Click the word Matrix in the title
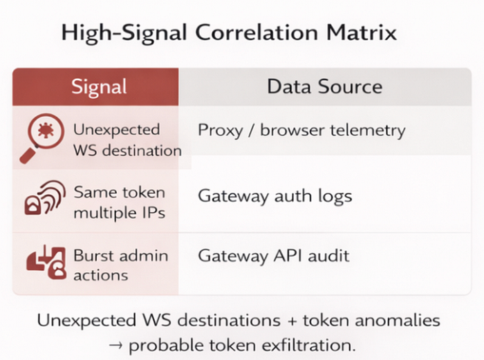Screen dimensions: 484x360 point(362,32)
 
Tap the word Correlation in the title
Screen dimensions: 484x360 point(257,32)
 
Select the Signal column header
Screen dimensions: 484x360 point(99,86)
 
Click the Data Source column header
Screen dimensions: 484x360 point(325,86)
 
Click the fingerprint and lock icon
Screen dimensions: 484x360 point(45,198)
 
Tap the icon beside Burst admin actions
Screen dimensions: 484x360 point(46,262)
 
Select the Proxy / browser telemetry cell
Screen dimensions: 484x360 point(301,131)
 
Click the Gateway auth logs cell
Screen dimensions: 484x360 point(275,196)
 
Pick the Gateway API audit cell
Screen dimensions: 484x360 point(274,256)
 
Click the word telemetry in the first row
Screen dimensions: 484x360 point(368,131)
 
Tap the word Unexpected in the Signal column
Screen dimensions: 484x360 point(117,130)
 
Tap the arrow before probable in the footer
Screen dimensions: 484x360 point(115,345)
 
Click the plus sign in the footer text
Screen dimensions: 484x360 point(292,321)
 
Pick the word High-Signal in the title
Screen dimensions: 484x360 point(124,32)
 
